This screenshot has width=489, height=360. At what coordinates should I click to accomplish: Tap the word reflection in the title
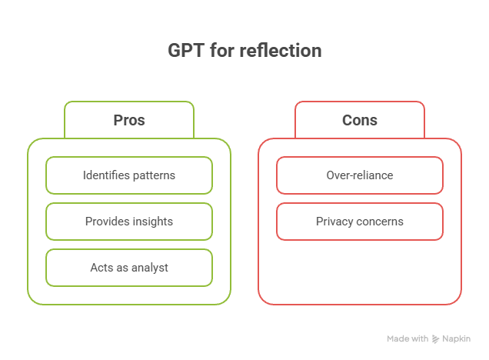(281, 52)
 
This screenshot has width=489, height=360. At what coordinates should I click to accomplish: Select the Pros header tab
(129, 120)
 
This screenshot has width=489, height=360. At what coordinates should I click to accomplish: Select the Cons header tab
(360, 120)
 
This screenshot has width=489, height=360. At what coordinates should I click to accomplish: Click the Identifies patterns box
(129, 175)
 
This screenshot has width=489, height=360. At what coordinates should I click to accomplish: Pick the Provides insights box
(129, 222)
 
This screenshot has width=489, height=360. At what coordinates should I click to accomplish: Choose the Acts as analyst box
(129, 268)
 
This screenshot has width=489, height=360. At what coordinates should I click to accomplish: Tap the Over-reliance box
(360, 175)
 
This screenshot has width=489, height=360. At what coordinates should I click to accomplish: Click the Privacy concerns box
(360, 222)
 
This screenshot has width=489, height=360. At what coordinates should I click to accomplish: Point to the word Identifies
(104, 175)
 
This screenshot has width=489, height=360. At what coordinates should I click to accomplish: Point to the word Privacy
(333, 222)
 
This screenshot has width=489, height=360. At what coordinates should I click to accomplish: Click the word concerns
(379, 222)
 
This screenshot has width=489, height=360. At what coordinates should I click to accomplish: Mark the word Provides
(106, 222)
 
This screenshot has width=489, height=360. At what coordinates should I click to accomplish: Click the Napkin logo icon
(436, 338)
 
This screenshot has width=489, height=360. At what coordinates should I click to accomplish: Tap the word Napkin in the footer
(456, 338)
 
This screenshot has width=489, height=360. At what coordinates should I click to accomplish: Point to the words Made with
(407, 338)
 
